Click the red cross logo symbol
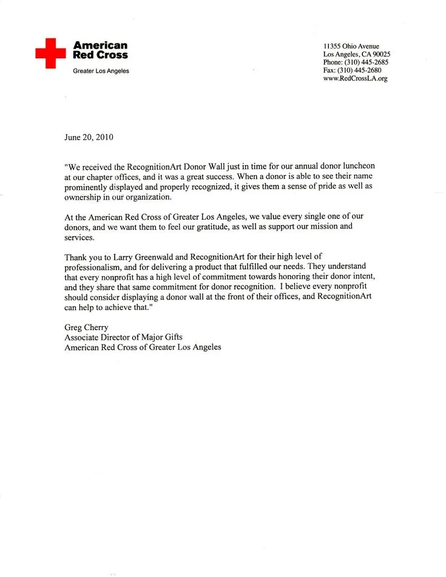tap(50, 53)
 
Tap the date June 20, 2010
tap(89, 137)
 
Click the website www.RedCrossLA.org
tap(355, 79)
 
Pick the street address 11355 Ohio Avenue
tap(351, 46)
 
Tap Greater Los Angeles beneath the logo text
tap(101, 71)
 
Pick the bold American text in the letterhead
tap(100, 46)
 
